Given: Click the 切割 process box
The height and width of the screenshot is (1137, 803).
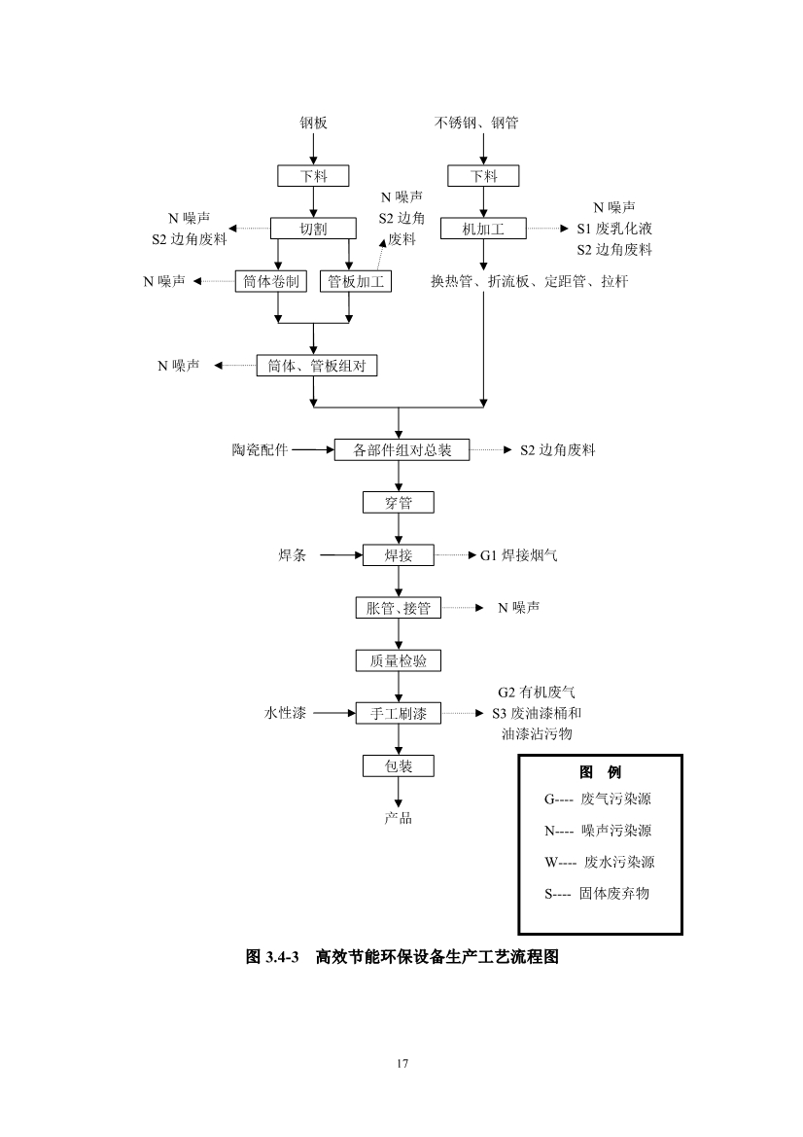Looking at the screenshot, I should [x=313, y=229].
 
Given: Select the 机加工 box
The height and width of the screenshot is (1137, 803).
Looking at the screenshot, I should [x=483, y=229].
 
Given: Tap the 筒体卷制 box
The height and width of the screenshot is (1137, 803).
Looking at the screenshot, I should [x=271, y=282].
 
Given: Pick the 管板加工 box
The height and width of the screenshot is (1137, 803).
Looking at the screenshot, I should [x=356, y=282].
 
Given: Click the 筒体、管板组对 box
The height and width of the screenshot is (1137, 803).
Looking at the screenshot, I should [x=316, y=366].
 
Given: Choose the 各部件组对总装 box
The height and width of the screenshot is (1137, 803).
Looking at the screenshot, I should [x=401, y=450].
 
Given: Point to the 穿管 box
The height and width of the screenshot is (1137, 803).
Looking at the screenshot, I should [x=399, y=503].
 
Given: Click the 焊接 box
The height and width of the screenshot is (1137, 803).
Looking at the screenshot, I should [x=399, y=555].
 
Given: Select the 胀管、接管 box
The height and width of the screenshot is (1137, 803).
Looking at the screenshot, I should [x=399, y=609].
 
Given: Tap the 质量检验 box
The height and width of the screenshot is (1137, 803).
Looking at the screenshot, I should [x=399, y=661].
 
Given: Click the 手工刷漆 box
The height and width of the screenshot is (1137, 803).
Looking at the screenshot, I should [x=399, y=714].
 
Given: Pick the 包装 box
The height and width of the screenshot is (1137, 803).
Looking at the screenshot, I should [x=399, y=766].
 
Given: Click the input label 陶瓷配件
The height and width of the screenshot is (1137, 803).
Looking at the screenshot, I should [x=261, y=450].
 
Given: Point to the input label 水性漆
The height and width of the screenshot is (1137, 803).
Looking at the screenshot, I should [x=286, y=714].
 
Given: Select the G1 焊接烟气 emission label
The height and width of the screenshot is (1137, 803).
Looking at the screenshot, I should [x=519, y=555].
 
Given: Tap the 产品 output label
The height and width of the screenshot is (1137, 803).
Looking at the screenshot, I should [x=398, y=818].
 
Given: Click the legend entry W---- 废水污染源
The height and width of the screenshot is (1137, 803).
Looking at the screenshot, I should [x=600, y=862].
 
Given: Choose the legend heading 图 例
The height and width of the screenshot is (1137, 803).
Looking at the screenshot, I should [x=600, y=772].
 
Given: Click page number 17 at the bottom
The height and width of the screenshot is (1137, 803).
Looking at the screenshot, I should [x=401, y=1063].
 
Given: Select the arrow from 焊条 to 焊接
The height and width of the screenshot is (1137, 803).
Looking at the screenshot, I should [x=339, y=555].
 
